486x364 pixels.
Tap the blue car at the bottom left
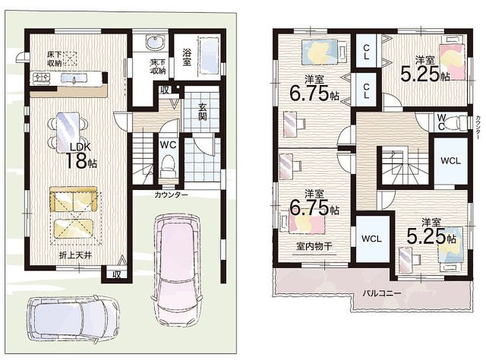(73, 318)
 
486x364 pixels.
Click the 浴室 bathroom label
(187, 57)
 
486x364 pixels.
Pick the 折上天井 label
(76, 255)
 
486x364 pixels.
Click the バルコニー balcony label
(382, 293)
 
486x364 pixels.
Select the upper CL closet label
(366, 52)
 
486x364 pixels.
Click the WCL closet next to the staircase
(451, 161)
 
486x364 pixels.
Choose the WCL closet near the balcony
(371, 239)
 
